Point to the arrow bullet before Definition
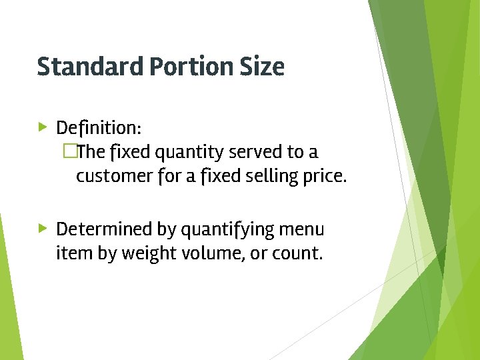43,126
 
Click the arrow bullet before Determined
43,229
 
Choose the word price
325,178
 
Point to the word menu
302,229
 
